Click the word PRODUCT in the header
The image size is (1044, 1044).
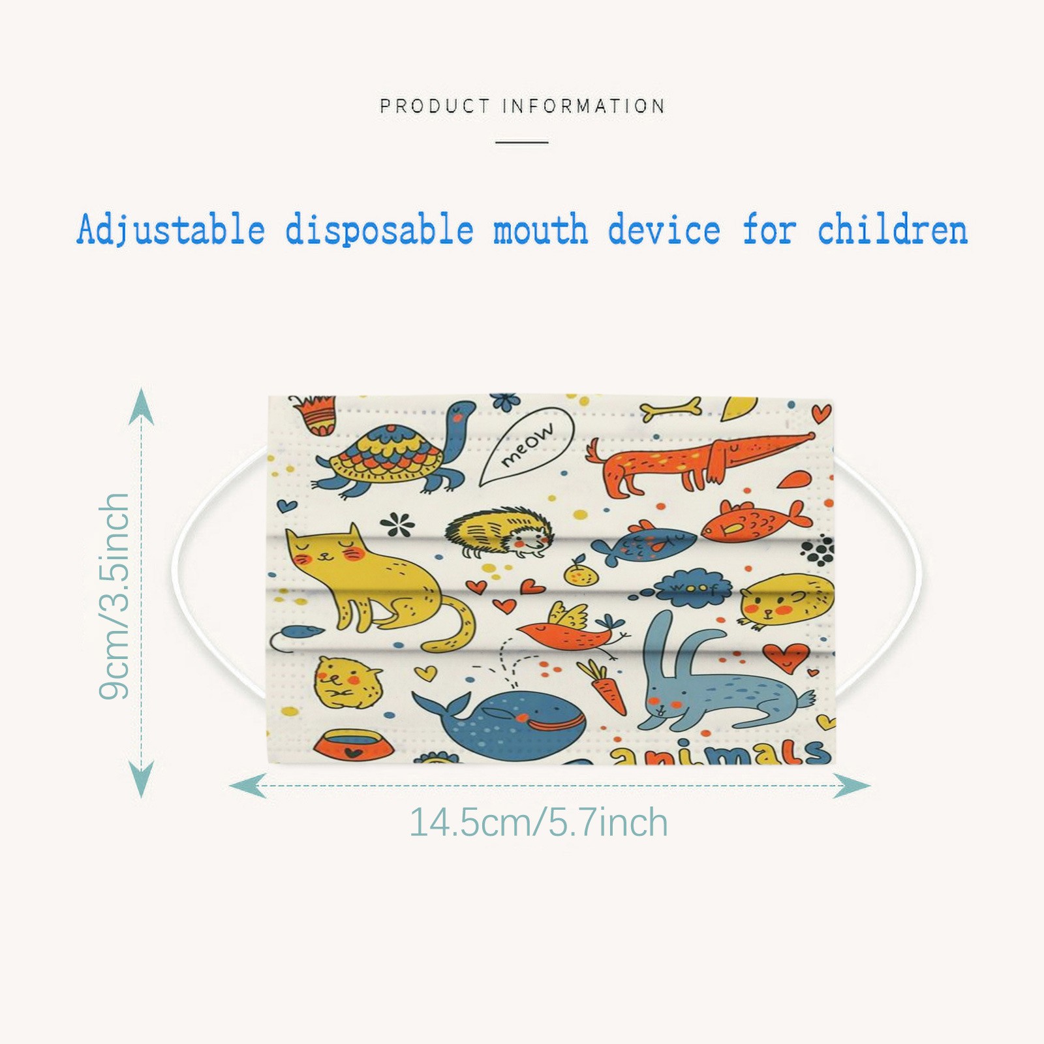pyautogui.click(x=435, y=106)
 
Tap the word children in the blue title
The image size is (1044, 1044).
pyautogui.click(x=893, y=230)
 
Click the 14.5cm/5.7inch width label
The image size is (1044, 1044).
pyautogui.click(x=539, y=822)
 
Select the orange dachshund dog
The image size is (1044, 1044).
pyautogui.click(x=699, y=460)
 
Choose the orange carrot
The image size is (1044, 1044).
pyautogui.click(x=603, y=686)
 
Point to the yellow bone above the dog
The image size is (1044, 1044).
pyautogui.click(x=671, y=409)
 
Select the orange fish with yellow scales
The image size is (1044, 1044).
pyautogui.click(x=757, y=521)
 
